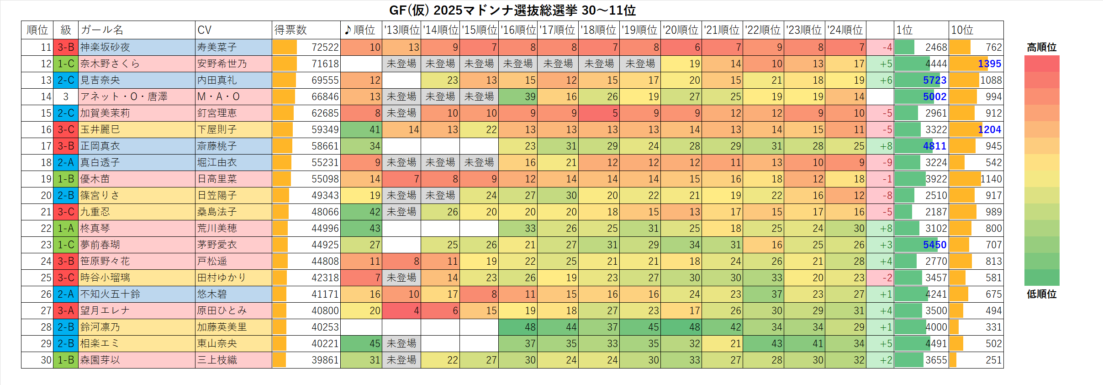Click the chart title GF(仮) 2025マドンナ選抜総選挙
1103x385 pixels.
tap(512, 10)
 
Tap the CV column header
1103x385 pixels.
tap(205, 30)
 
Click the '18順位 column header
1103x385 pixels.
tap(598, 30)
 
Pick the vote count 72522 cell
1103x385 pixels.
tap(325, 48)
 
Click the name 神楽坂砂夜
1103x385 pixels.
tap(105, 48)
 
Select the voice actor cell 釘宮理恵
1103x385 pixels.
tap(217, 113)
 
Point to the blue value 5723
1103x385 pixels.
tap(934, 80)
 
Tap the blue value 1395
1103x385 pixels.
tap(989, 64)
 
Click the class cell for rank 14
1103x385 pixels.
tap(66, 97)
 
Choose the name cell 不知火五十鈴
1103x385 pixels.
tap(110, 294)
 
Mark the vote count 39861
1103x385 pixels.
tap(325, 360)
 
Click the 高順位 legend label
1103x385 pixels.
tap(1041, 48)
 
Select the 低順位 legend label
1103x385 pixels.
tap(1041, 294)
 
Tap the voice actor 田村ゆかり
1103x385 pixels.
tap(222, 278)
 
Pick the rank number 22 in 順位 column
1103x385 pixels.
tap(46, 229)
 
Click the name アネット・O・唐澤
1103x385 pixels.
tap(124, 97)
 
